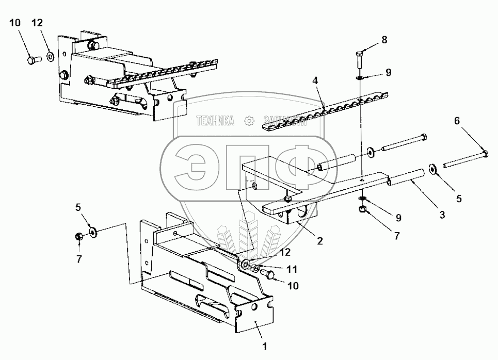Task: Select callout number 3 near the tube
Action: click(x=443, y=214)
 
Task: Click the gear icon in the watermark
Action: click(x=249, y=121)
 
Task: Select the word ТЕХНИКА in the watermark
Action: click(x=215, y=121)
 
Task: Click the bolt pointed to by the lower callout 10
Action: click(x=268, y=274)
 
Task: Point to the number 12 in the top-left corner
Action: click(x=38, y=23)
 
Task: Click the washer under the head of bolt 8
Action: click(x=360, y=78)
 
